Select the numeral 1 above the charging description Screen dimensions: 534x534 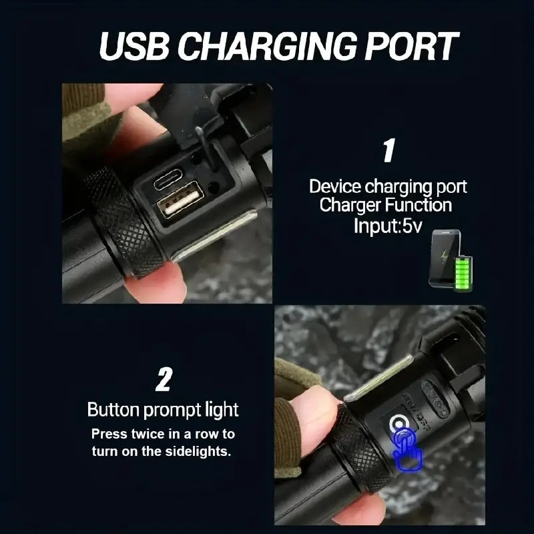[388, 151]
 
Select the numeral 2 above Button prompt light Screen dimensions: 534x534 [163, 380]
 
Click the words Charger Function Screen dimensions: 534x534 [385, 206]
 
